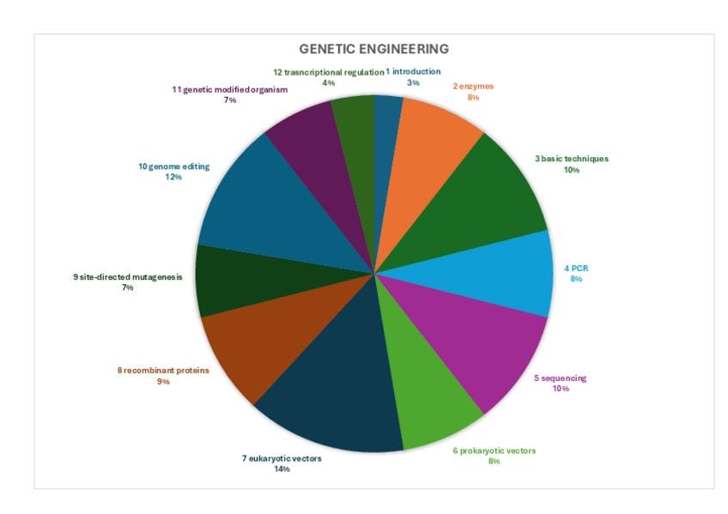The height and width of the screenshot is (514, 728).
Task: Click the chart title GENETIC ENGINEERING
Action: click(373, 49)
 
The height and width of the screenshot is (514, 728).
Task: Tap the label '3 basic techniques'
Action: click(571, 159)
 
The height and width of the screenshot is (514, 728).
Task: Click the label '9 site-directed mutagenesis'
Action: click(128, 277)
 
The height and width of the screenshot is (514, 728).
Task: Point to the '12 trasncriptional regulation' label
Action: click(328, 72)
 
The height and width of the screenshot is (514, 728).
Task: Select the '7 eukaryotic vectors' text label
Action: click(282, 458)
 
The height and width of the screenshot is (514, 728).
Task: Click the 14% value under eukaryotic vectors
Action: click(282, 469)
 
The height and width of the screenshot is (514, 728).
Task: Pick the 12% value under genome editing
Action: click(173, 177)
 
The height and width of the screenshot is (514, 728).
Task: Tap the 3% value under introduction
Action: click(413, 83)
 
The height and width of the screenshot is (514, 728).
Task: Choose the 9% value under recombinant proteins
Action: click(163, 382)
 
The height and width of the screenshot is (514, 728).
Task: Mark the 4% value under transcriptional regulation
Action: click(328, 83)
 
